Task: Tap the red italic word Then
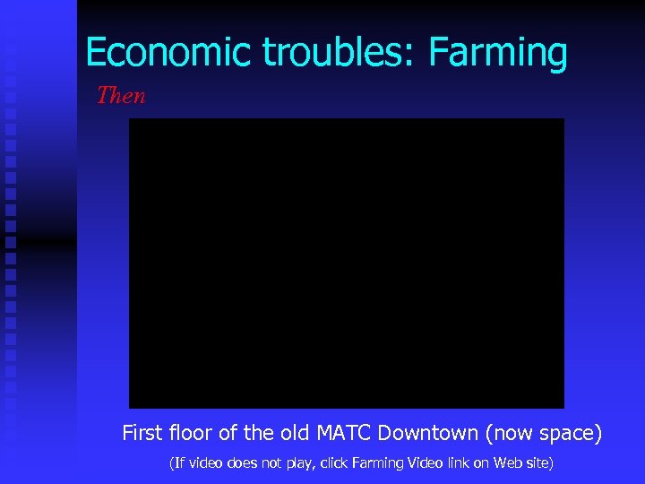tap(121, 95)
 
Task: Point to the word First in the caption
tap(142, 434)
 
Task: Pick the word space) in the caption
tap(572, 435)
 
